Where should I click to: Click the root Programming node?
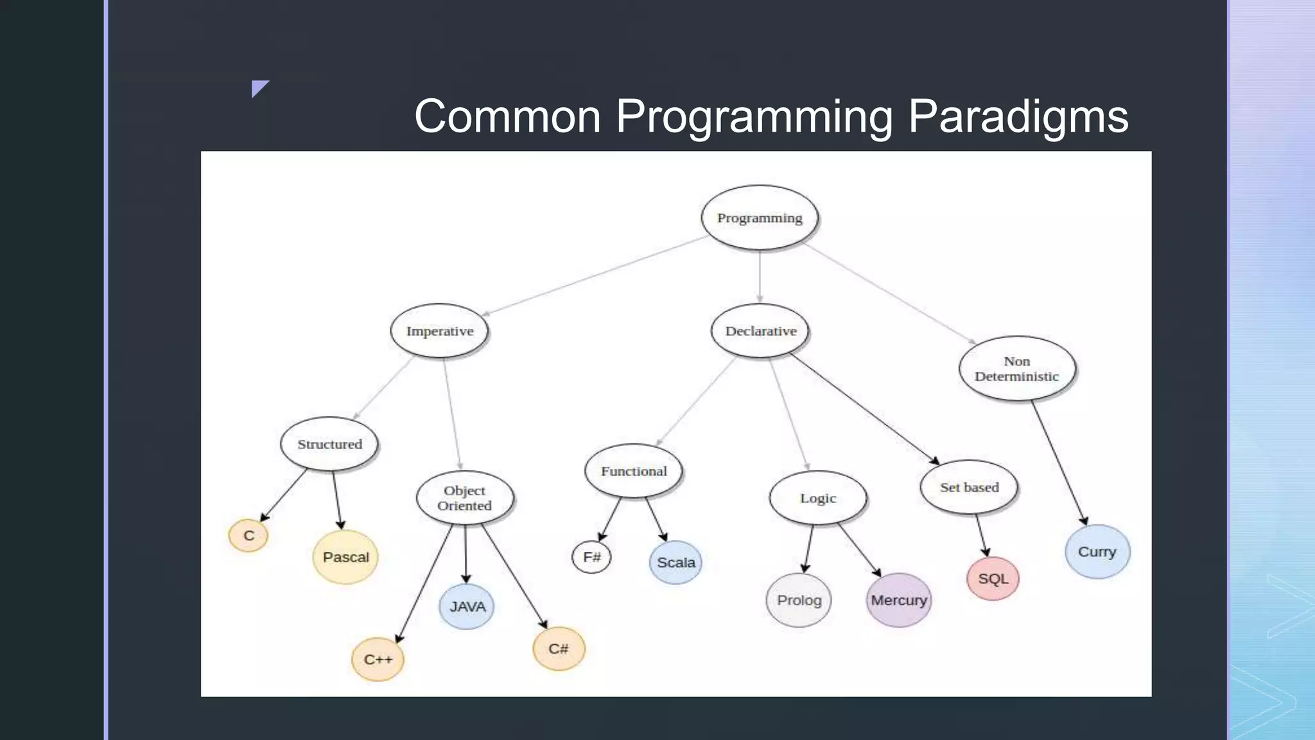pyautogui.click(x=760, y=218)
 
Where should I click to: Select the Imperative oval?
pyautogui.click(x=440, y=331)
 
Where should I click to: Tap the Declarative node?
pyautogui.click(x=760, y=331)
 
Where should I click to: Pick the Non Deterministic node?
pyautogui.click(x=1016, y=369)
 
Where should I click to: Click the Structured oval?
pyautogui.click(x=329, y=444)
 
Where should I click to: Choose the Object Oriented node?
pyautogui.click(x=464, y=498)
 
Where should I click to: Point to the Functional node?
pyautogui.click(x=634, y=471)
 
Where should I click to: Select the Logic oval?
pyautogui.click(x=818, y=498)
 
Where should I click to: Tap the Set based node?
pyautogui.click(x=969, y=487)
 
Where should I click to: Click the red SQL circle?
pyautogui.click(x=993, y=579)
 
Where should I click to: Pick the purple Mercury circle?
pyautogui.click(x=898, y=600)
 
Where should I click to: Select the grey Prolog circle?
pyautogui.click(x=799, y=600)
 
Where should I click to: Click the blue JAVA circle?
pyautogui.click(x=467, y=606)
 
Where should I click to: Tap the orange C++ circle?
pyautogui.click(x=378, y=660)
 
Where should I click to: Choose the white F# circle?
pyautogui.click(x=591, y=557)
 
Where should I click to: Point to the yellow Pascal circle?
pyautogui.click(x=345, y=557)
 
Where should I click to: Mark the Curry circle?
pyautogui.click(x=1097, y=552)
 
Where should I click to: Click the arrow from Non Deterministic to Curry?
pyautogui.click(x=1059, y=463)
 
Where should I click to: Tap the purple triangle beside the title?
pyautogui.click(x=259, y=88)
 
